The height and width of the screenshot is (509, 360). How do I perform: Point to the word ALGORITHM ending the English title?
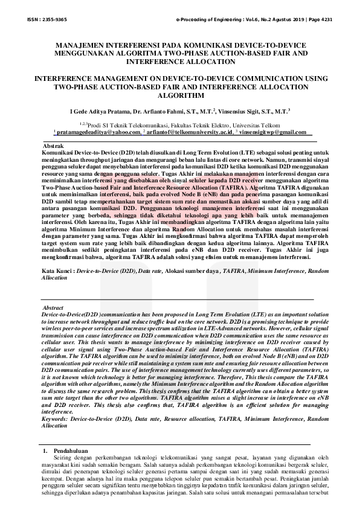(x=179, y=95)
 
